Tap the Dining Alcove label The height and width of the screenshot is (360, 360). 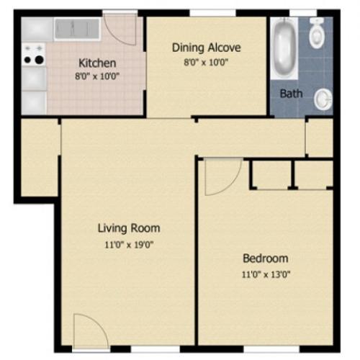click(206, 48)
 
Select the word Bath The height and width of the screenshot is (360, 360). click(291, 93)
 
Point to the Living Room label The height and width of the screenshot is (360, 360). click(129, 228)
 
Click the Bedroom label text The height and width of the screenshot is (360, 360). click(265, 258)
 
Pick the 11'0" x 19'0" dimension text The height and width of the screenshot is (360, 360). click(129, 244)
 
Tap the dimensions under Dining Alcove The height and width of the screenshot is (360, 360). click(206, 62)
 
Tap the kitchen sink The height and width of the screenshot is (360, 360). click(76, 29)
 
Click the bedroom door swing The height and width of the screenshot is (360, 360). click(221, 176)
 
